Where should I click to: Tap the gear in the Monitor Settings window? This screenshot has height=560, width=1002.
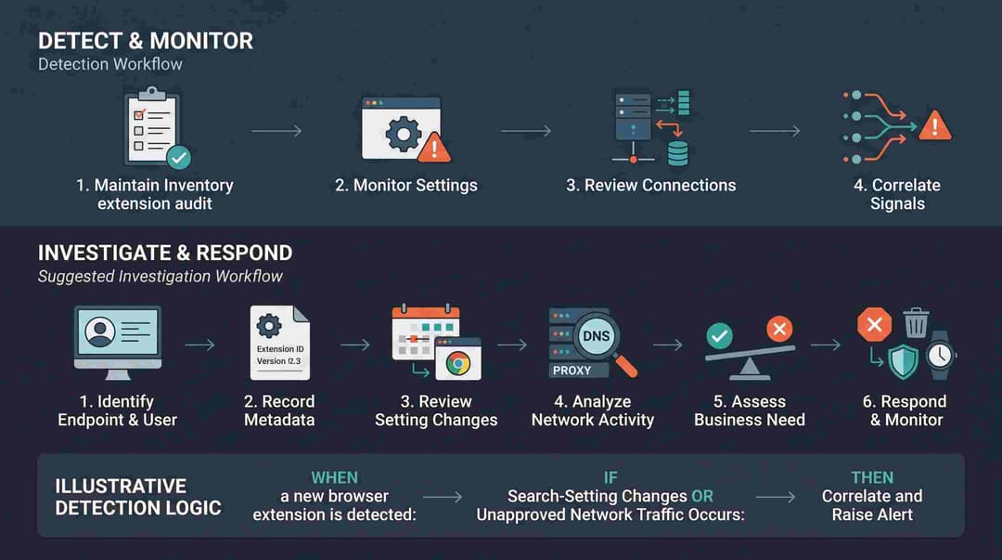404,134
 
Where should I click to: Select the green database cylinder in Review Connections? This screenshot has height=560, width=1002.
677,153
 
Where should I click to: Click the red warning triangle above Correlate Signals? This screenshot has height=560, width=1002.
935,125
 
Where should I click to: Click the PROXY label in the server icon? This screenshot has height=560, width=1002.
572,370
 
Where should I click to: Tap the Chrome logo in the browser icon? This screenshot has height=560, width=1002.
458,363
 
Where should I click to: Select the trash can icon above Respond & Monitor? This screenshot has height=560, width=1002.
916,322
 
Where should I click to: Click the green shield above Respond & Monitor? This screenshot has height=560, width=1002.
903,361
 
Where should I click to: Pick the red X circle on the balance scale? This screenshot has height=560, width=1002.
779,329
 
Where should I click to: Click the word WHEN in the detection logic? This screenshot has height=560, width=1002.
334,477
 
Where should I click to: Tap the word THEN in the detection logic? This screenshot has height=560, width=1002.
872,477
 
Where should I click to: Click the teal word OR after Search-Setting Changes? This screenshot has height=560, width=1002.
702,496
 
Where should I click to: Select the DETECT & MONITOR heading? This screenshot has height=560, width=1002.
146,41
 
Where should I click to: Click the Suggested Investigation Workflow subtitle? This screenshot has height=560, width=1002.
160,276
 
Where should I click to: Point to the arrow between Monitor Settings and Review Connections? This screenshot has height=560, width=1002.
526,131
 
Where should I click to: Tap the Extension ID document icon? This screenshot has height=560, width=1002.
280,343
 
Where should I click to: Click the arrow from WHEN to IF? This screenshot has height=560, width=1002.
443,497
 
